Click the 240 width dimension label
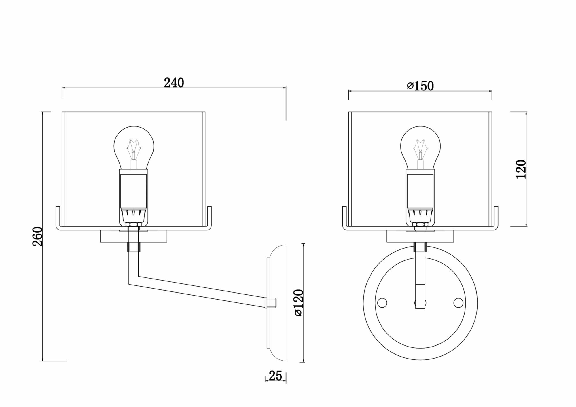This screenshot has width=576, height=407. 174,83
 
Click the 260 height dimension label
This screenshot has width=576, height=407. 37,236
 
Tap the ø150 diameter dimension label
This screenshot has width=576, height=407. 420,86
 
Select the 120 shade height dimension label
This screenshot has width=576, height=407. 521,169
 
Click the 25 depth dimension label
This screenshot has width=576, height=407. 275,376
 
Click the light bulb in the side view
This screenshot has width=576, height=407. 134,147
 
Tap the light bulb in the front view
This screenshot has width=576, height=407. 420,147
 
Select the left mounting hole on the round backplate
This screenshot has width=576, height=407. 382,303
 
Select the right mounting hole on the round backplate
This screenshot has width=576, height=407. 458,303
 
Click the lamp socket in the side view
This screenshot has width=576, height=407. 134,196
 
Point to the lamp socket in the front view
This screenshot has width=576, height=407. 420,196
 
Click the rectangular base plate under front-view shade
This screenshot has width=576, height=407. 420,236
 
